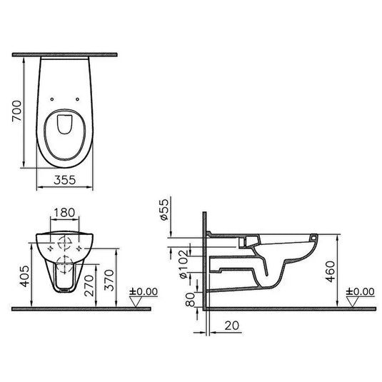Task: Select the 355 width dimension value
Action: tap(64, 181)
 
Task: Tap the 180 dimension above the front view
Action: tap(65, 213)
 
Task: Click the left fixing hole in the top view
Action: tap(53, 98)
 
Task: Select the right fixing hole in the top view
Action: tap(76, 98)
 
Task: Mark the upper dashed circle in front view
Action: tap(65, 242)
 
